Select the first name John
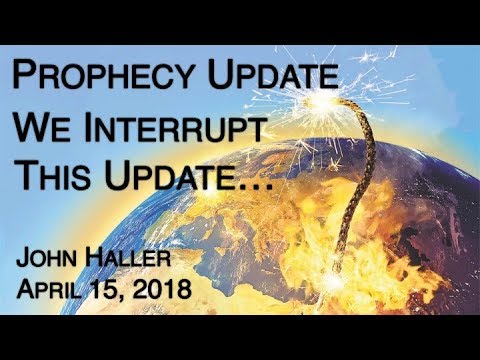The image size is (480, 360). pyautogui.click(x=55, y=262)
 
